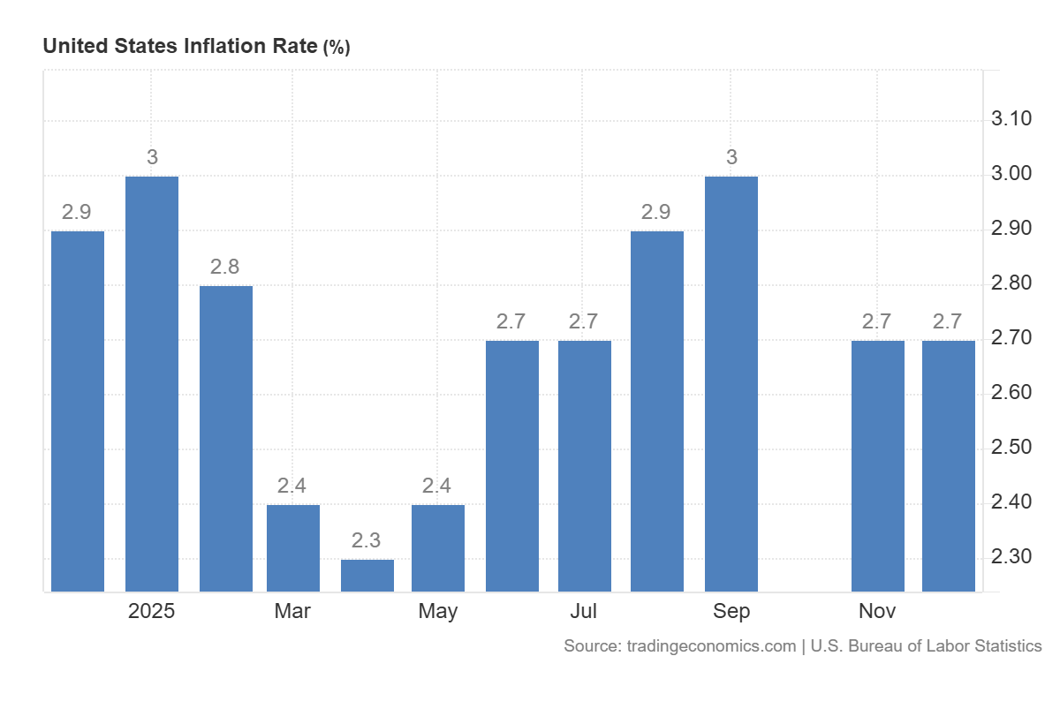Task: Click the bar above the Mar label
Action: click(293, 547)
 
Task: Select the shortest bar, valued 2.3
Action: click(367, 575)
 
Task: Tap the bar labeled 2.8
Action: click(226, 438)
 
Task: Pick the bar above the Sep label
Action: click(731, 383)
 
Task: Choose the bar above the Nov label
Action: click(878, 465)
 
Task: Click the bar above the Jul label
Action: click(585, 465)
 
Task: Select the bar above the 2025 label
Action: click(152, 383)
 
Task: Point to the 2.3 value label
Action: click(367, 540)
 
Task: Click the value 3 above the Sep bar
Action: click(731, 157)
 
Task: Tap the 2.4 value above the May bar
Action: click(437, 486)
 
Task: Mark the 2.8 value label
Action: click(225, 267)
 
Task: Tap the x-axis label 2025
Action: click(152, 611)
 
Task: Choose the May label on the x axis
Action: click(438, 611)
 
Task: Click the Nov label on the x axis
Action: click(877, 611)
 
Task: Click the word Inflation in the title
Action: click(224, 46)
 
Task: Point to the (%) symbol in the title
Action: click(337, 48)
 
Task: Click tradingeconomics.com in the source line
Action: click(711, 646)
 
